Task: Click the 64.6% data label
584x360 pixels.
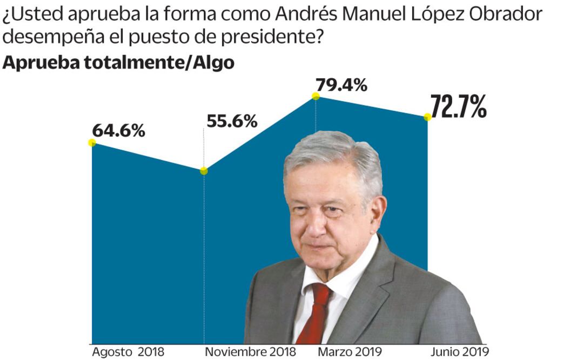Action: (118, 131)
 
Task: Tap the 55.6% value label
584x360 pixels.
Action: (232, 122)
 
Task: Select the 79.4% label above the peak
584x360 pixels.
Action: (341, 85)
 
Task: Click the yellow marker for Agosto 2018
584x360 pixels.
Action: (92, 143)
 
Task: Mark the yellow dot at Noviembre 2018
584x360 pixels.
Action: (204, 171)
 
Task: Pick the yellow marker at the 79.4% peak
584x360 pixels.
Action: (316, 96)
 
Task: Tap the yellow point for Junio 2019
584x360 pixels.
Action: (427, 117)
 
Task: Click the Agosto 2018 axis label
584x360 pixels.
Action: (127, 352)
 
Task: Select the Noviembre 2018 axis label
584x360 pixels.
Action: (251, 352)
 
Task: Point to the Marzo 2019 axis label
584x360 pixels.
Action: (350, 352)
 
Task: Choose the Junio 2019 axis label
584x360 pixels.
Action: (459, 352)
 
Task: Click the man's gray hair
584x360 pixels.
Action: (335, 154)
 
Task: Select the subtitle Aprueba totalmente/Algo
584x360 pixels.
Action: (119, 63)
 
